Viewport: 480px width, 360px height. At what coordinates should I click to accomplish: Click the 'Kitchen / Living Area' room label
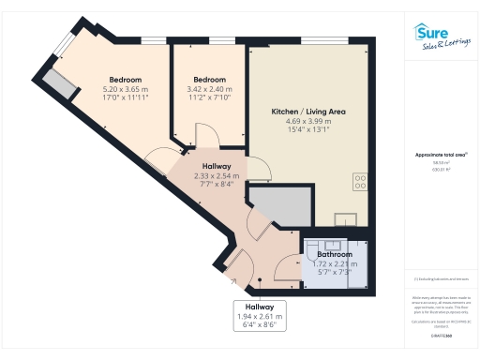[308, 112]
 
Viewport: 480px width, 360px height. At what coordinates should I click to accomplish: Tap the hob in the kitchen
[360, 180]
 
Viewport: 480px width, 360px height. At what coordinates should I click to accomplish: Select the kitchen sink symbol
[346, 219]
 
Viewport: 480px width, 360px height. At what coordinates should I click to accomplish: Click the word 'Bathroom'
[334, 255]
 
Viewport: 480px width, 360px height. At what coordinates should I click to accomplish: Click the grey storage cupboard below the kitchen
[277, 207]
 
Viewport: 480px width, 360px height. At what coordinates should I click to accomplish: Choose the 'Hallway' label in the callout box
[260, 307]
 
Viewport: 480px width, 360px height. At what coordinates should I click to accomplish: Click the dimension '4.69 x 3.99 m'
[308, 121]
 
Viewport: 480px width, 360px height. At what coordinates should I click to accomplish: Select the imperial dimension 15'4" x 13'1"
[308, 130]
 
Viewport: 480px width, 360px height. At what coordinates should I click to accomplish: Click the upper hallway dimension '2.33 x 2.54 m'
[217, 175]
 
